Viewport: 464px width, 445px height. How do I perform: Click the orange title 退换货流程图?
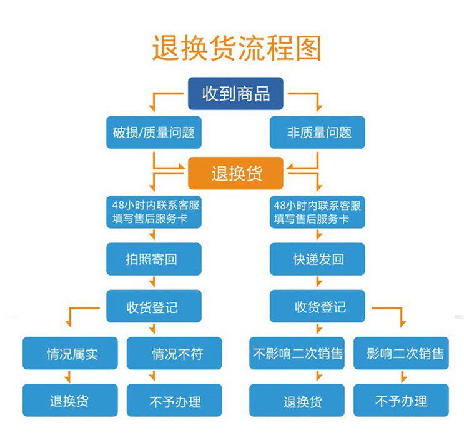click(237, 48)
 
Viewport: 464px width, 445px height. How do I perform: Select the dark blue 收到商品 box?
click(235, 94)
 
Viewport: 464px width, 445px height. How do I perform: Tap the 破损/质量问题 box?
click(154, 132)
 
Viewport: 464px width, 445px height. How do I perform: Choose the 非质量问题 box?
click(317, 132)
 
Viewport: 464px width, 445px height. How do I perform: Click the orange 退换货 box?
click(235, 173)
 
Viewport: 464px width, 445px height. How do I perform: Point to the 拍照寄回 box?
click(154, 259)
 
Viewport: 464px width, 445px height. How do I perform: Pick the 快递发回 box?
click(317, 259)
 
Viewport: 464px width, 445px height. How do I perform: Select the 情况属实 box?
click(70, 353)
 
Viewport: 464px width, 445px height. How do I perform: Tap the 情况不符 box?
click(174, 353)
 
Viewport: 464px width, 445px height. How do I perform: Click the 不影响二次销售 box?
click(297, 353)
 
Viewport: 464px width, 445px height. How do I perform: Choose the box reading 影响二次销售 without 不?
click(402, 353)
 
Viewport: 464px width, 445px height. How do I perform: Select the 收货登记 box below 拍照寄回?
click(154, 306)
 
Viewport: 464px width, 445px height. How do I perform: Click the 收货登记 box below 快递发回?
click(317, 306)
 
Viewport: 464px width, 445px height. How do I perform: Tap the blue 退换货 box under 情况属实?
click(70, 400)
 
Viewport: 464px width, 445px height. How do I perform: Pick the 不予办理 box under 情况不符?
click(174, 400)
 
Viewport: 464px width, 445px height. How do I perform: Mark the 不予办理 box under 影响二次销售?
click(402, 400)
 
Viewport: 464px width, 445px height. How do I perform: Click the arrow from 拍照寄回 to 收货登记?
click(152, 282)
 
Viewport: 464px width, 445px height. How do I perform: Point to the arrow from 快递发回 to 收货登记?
click(318, 282)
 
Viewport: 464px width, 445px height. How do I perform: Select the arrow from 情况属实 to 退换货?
click(68, 376)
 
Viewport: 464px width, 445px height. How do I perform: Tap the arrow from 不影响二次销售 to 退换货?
click(318, 376)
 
